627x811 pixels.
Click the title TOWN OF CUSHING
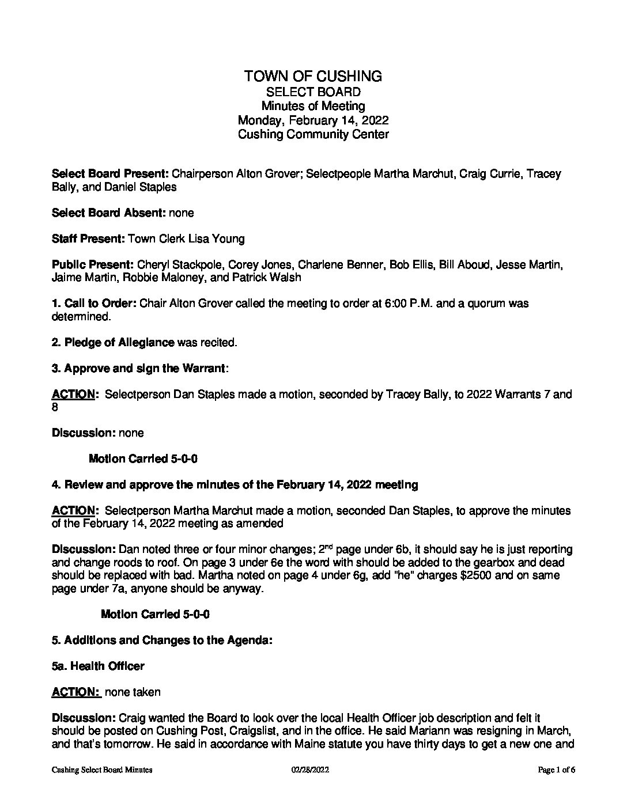(313, 76)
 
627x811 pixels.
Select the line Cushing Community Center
(313, 134)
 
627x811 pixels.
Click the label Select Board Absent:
(109, 213)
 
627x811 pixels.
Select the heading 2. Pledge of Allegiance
(113, 343)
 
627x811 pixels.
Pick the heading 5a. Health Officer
(98, 666)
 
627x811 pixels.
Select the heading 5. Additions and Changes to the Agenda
(162, 640)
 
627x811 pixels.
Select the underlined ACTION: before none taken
(76, 692)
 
